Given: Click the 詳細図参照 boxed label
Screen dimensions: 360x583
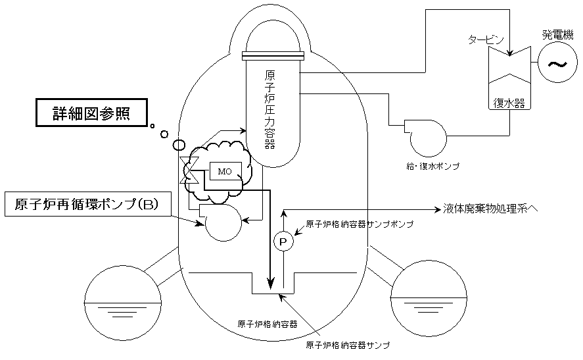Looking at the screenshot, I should [x=90, y=113].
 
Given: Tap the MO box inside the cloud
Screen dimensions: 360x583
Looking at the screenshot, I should [x=225, y=171].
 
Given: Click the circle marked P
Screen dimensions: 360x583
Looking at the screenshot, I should [x=283, y=242].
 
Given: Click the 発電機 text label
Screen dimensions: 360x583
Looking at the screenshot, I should [x=558, y=34].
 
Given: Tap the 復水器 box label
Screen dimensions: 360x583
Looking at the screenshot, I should [x=508, y=103].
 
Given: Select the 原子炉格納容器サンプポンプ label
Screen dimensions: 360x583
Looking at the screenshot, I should [x=360, y=224].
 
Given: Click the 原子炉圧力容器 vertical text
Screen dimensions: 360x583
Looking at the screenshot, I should [x=269, y=109].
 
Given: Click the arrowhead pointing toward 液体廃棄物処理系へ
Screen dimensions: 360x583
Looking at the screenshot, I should [x=436, y=209].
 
